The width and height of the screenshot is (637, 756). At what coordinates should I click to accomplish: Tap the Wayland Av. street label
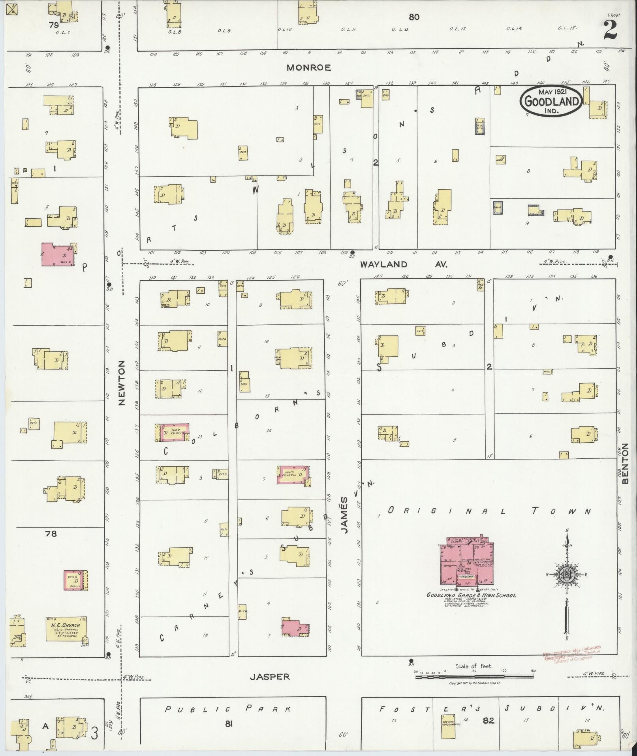(x=403, y=264)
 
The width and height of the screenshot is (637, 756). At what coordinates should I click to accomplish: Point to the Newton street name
(x=121, y=382)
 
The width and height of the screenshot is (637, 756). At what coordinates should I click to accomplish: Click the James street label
(x=345, y=515)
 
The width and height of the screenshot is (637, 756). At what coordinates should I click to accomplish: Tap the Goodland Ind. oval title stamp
(x=551, y=101)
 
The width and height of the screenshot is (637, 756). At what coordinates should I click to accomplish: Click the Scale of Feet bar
(x=474, y=677)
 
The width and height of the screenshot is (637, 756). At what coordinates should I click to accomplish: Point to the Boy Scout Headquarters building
(x=447, y=726)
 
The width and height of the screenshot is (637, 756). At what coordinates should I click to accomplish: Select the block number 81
(x=228, y=724)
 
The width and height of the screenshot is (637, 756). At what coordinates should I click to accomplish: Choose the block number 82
(x=488, y=720)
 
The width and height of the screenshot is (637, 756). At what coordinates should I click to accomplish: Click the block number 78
(x=51, y=534)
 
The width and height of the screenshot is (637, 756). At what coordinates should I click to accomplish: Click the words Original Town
(x=489, y=511)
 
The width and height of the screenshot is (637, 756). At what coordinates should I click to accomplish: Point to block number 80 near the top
(x=414, y=17)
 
